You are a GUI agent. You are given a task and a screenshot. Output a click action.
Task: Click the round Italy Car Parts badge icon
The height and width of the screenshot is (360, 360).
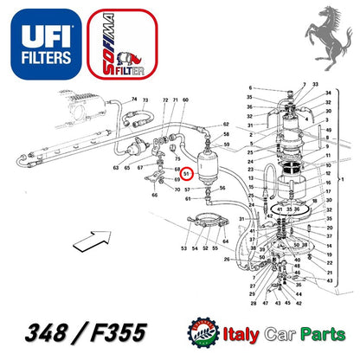207,332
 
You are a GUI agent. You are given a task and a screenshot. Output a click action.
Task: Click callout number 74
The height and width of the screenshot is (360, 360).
134,101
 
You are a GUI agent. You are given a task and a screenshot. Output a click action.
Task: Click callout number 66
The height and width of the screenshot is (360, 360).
155,195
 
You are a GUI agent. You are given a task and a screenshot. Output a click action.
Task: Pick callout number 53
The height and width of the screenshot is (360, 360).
183,249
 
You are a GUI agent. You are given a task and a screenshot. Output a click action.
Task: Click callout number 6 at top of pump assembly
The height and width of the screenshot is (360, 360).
250,88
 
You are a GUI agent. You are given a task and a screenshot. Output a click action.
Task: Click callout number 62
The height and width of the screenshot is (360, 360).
225,125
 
